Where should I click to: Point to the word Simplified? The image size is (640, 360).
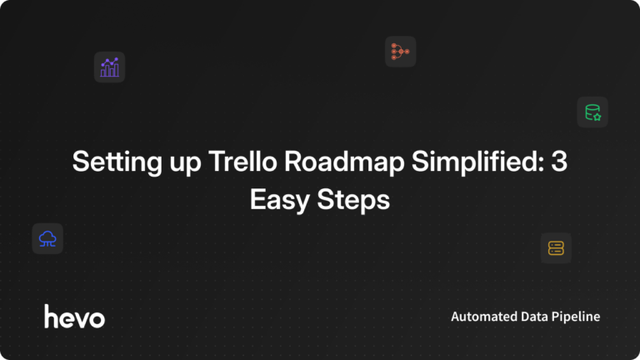pyautogui.click(x=449, y=162)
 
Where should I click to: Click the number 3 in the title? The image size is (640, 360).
pyautogui.click(x=559, y=162)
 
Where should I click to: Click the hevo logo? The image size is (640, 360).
pyautogui.click(x=74, y=317)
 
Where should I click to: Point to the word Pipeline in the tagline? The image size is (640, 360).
pyautogui.click(x=578, y=317)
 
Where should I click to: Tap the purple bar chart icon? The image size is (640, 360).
pyautogui.click(x=109, y=67)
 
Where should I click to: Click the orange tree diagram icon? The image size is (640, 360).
pyautogui.click(x=400, y=52)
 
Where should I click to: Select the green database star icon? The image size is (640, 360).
pyautogui.click(x=592, y=112)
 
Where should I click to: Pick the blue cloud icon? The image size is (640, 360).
pyautogui.click(x=47, y=238)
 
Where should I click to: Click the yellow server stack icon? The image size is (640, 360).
pyautogui.click(x=556, y=247)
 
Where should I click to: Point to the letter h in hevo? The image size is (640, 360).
pyautogui.click(x=51, y=316)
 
